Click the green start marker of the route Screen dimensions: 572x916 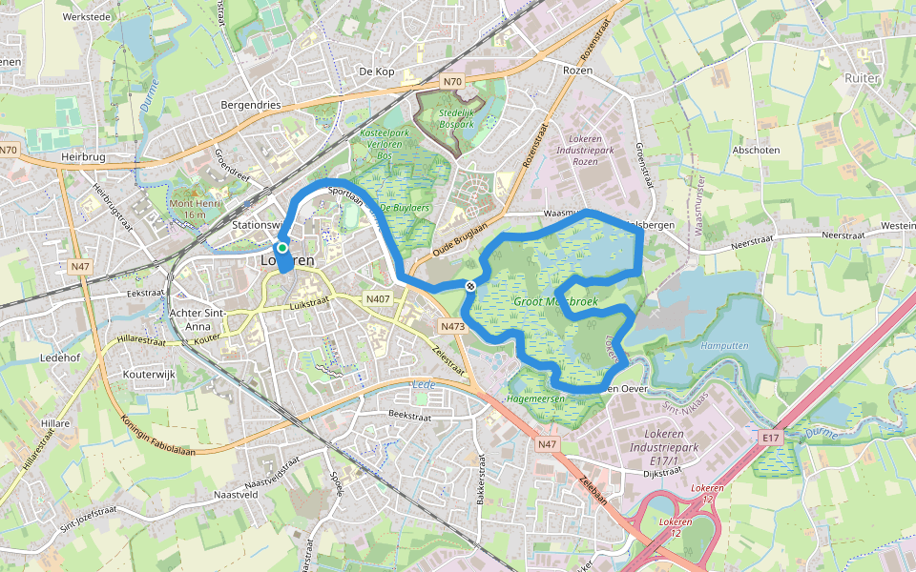[x=282, y=247]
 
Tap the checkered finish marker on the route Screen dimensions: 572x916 [x=470, y=286]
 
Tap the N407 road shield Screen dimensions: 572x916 [x=378, y=299]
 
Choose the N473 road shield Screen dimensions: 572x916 [x=452, y=326]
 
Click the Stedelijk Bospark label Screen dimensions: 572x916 [x=456, y=118]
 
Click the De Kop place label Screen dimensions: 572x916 [x=377, y=71]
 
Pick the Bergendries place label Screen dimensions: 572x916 [x=250, y=104]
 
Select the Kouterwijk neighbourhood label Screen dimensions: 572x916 [x=150, y=375]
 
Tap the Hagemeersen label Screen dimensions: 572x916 [x=535, y=398]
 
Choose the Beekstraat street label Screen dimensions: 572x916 [x=411, y=417]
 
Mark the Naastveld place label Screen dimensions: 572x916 [x=237, y=495]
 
